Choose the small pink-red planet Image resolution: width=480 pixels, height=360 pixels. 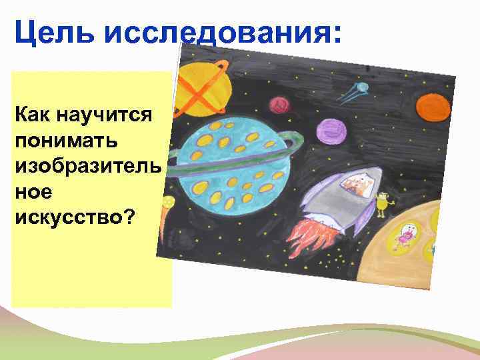278,105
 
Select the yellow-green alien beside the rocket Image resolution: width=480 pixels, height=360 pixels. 383,203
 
